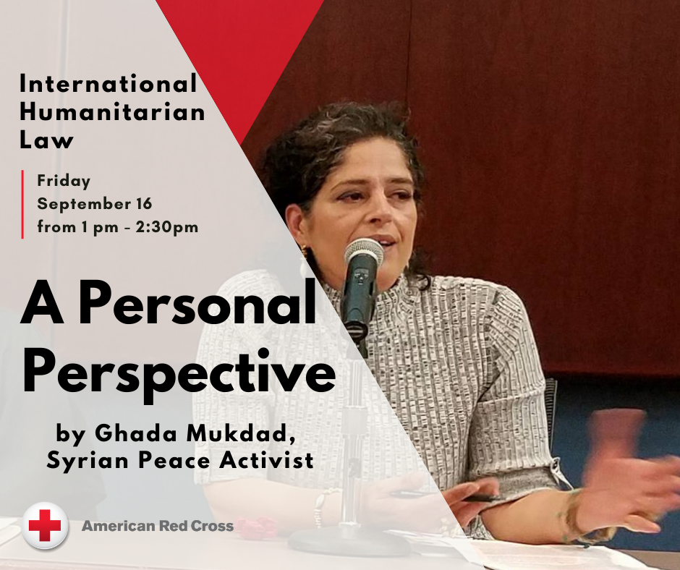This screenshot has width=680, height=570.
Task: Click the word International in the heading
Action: [108, 85]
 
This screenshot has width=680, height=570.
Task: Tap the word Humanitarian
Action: [112, 112]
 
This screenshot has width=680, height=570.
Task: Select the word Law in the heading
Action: [46, 140]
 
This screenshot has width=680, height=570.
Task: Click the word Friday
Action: [64, 181]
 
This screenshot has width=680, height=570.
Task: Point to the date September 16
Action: [95, 204]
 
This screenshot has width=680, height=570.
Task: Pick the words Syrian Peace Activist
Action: [180, 461]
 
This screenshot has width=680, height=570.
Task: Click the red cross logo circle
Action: [45, 526]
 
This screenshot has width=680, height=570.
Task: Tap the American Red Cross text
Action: [157, 526]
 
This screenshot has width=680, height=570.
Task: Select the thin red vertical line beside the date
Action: [23, 204]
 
